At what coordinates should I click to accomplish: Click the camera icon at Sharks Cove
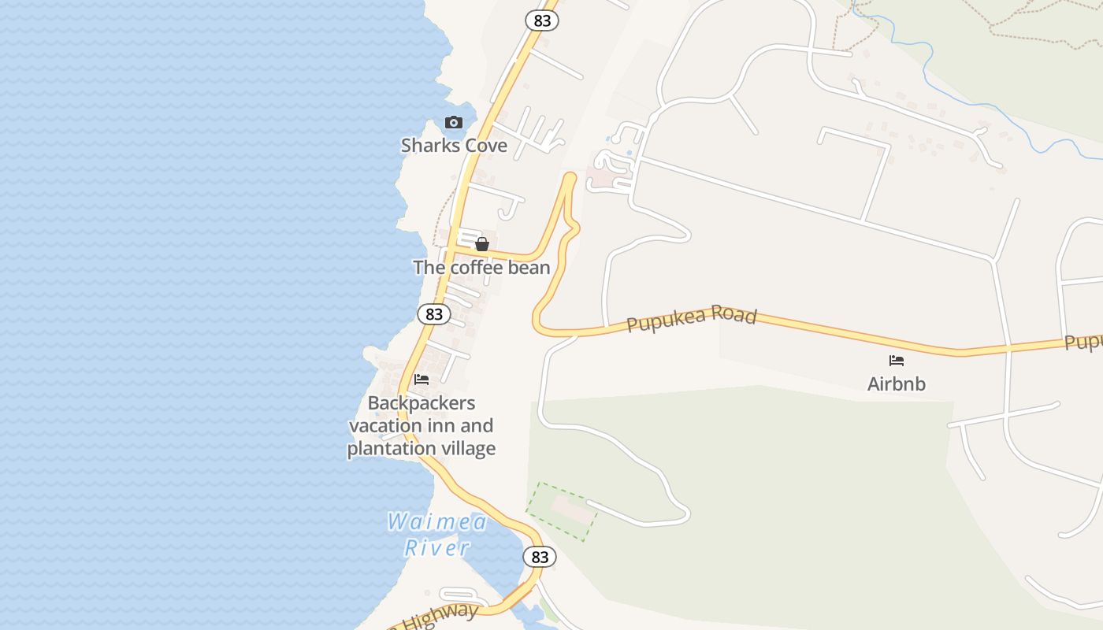(453, 122)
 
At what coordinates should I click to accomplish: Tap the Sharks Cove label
(454, 146)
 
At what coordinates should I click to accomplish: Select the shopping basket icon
(482, 244)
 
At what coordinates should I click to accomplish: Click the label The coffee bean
(481, 268)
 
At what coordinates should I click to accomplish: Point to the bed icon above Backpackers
(422, 380)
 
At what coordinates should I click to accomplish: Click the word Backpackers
(422, 403)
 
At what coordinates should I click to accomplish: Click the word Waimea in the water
(437, 521)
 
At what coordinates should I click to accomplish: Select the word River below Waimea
(437, 547)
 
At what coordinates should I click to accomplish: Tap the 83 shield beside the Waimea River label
(540, 558)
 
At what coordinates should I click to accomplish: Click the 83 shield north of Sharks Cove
(542, 20)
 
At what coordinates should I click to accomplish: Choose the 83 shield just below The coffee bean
(433, 314)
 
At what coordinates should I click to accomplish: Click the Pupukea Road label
(692, 318)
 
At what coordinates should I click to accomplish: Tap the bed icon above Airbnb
(896, 361)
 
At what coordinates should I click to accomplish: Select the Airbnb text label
(896, 384)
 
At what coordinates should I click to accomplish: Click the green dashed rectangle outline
(561, 512)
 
